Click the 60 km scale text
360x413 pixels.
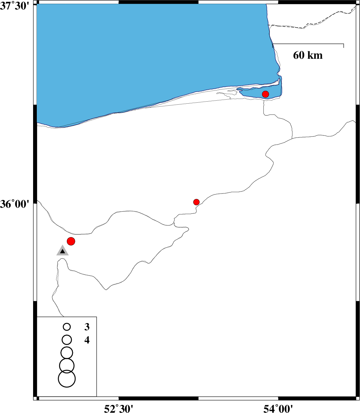[x=308, y=55]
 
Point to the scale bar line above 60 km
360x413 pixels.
[x=308, y=44]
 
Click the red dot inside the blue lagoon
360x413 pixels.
[x=265, y=94]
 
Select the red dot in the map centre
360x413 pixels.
[x=196, y=202]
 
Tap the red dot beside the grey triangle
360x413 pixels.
[x=71, y=241]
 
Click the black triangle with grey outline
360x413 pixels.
[x=62, y=251]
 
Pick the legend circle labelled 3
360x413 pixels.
[x=67, y=327]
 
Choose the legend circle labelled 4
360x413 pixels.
[x=67, y=340]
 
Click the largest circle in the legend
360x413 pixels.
[x=67, y=379]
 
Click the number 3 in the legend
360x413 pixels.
[x=87, y=327]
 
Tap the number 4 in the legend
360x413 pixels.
[x=87, y=340]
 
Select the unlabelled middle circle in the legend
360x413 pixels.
[x=67, y=353]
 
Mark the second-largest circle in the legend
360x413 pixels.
[x=67, y=366]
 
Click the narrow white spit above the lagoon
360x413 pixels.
[x=260, y=85]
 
